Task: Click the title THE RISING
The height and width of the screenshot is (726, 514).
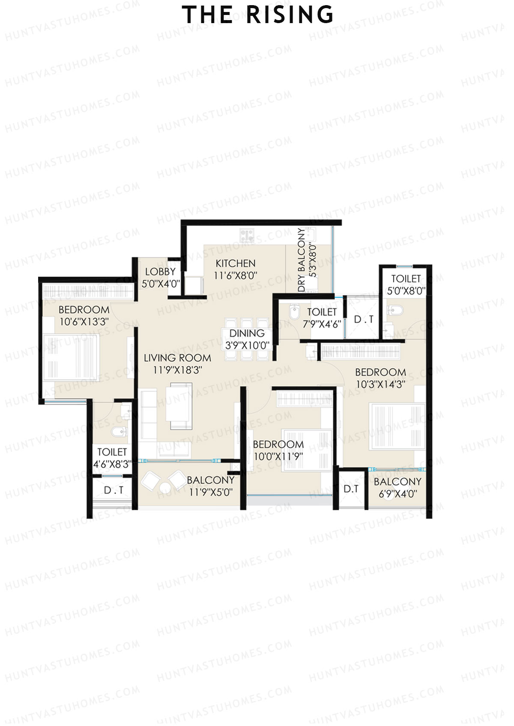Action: [x=258, y=15]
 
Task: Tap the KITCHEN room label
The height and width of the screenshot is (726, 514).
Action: [x=235, y=264]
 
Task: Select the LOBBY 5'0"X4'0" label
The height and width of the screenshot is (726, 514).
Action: [x=160, y=277]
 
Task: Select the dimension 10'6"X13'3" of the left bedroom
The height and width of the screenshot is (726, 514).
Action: [x=84, y=322]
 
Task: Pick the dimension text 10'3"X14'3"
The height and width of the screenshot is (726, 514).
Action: [x=380, y=384]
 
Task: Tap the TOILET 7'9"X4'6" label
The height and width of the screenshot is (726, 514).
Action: [x=322, y=318]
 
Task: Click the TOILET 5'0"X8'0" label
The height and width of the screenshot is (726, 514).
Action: [x=406, y=284]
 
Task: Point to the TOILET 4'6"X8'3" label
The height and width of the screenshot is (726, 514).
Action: [x=112, y=457]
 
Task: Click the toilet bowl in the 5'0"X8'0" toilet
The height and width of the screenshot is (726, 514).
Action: [x=396, y=310]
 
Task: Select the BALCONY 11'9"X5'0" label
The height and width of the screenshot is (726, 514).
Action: [x=210, y=486]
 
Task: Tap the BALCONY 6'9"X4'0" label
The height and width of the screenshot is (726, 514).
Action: [x=397, y=488]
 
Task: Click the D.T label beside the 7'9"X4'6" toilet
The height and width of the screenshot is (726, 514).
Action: [x=364, y=320]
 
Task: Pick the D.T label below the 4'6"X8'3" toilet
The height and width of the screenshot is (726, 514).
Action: [x=114, y=490]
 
